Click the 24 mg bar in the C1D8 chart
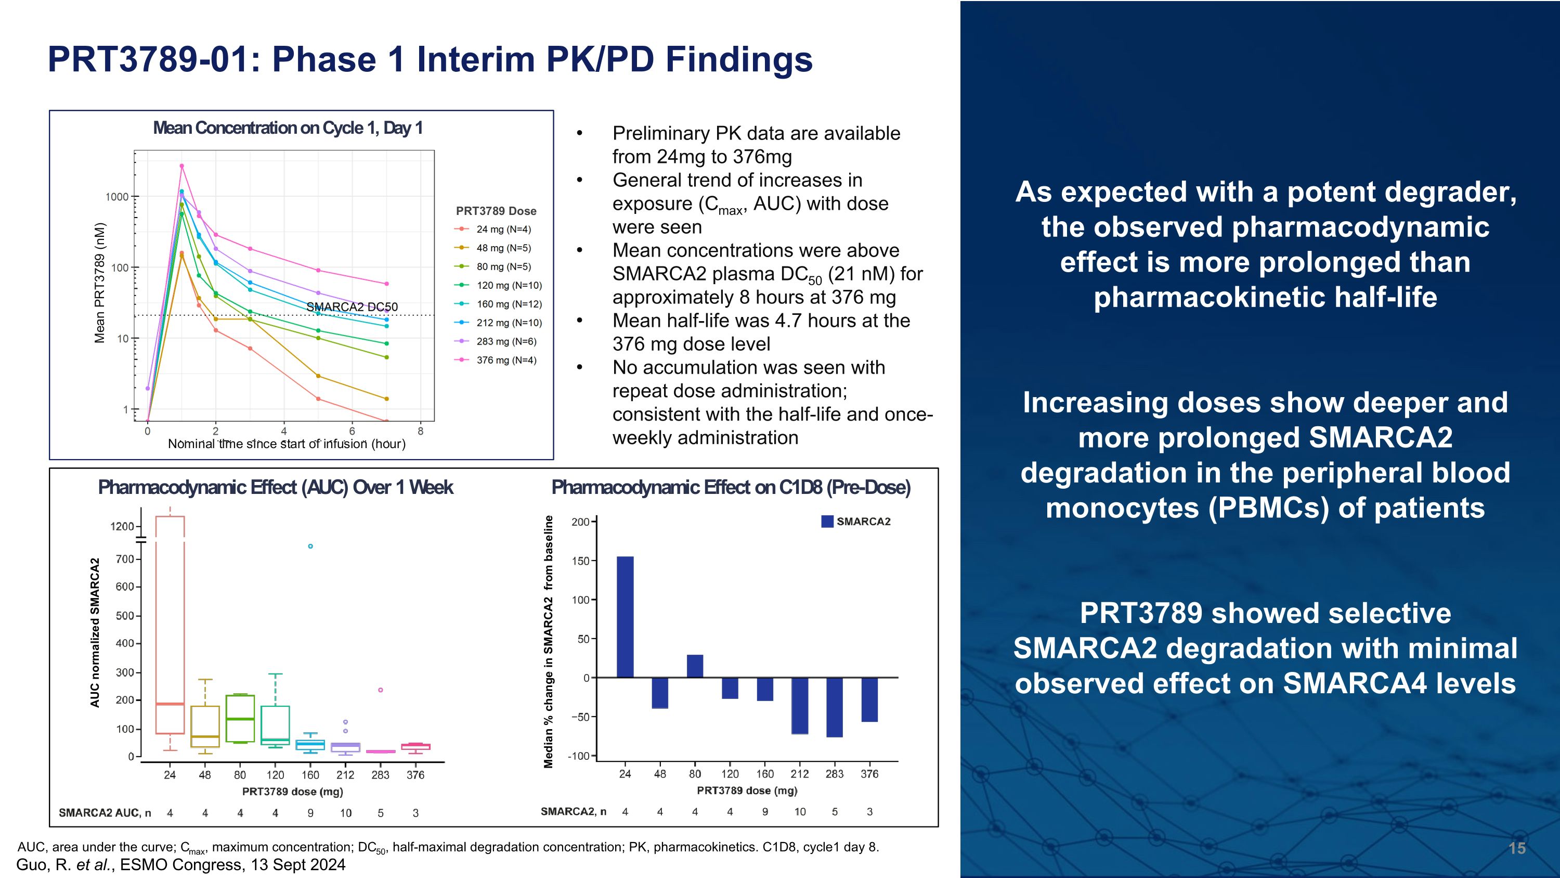[625, 616]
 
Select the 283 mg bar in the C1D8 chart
[835, 707]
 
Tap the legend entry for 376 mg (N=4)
[505, 360]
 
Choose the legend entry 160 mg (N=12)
[508, 304]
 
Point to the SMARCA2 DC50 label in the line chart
[352, 307]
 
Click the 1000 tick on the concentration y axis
[116, 197]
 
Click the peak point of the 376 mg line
[181, 166]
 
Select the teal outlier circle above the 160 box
[310, 546]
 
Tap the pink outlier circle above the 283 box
[380, 690]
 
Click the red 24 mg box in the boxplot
[170, 624]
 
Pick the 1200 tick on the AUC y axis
[122, 527]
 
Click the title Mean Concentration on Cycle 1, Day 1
[288, 128]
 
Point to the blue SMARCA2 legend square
[827, 521]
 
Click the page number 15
[1517, 848]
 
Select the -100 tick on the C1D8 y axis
[578, 756]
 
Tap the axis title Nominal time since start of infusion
[287, 444]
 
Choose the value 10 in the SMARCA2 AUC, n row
[345, 813]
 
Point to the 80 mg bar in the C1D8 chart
[695, 666]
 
